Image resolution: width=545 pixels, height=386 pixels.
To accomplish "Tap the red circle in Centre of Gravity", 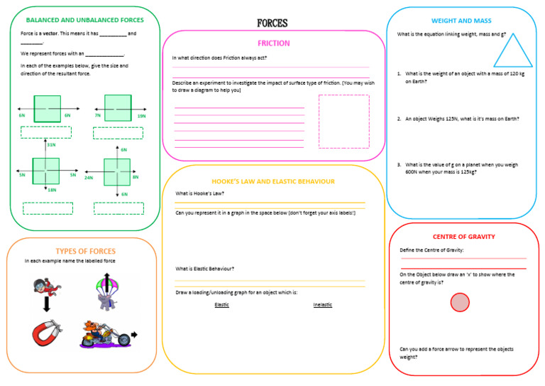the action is (460, 303).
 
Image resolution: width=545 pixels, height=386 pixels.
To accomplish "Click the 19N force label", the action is (141, 115).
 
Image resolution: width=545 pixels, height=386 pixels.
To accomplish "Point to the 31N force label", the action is (51, 145).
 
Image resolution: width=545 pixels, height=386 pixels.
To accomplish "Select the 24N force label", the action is (89, 178).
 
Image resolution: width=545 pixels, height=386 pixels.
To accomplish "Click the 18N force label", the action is (52, 190).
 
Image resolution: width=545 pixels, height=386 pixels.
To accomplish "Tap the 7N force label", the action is (97, 115).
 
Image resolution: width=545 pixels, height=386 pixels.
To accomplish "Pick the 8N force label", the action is (135, 177).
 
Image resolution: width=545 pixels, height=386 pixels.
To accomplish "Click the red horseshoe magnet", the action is (44, 333).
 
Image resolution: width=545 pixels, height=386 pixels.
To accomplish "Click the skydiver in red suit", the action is (45, 286).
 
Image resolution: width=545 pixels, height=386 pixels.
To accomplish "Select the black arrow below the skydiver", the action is (46, 304).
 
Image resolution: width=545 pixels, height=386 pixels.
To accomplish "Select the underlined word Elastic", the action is (221, 305).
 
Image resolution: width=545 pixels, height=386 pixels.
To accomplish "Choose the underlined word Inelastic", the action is (322, 305).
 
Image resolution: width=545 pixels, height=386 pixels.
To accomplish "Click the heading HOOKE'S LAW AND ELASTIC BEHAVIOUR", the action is (273, 181).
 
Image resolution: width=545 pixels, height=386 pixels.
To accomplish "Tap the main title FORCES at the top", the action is (272, 23).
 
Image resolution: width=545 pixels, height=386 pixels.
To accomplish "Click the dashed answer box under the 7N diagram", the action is (118, 133).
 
